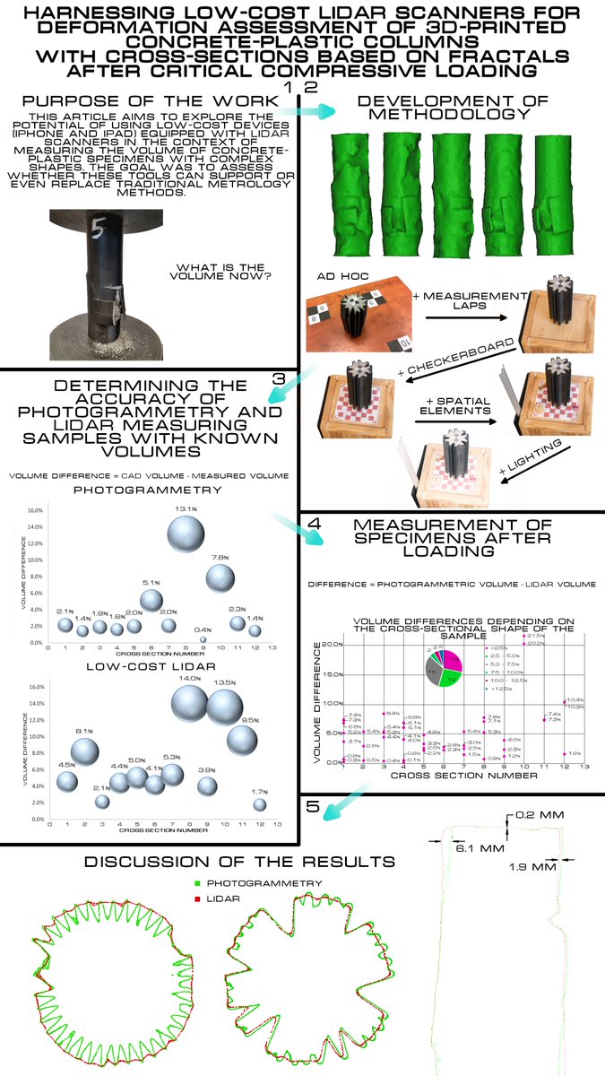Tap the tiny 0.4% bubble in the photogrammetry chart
tap(203, 639)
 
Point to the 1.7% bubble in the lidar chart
tap(260, 804)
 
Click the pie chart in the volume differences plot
tap(443, 669)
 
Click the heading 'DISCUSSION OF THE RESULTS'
tap(239, 862)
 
